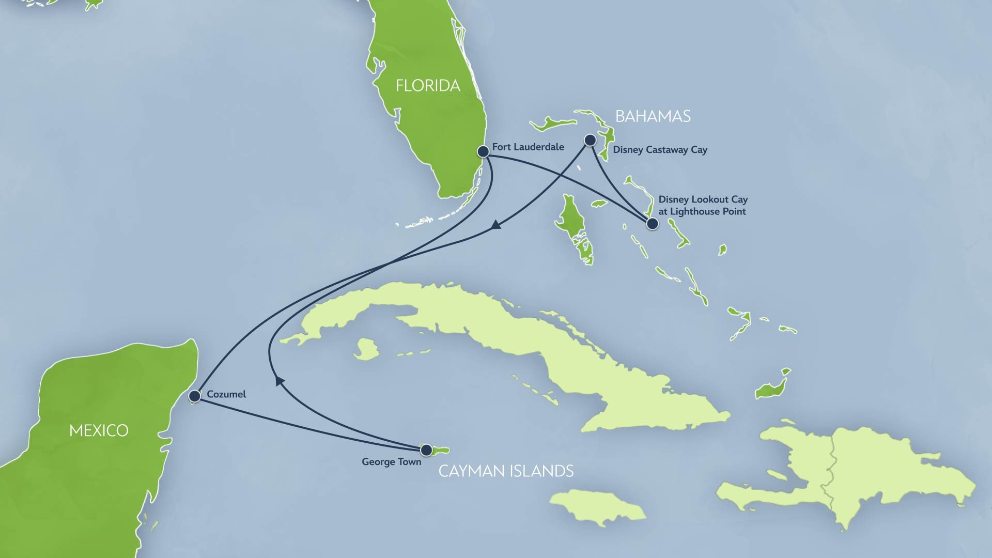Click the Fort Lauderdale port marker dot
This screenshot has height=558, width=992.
(483, 151)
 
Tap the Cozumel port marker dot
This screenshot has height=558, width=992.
(195, 396)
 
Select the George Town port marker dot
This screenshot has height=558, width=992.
(426, 450)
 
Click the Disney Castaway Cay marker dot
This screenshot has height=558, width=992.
(590, 140)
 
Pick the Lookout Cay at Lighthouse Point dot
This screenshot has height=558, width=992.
(653, 224)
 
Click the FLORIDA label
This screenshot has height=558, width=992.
(428, 86)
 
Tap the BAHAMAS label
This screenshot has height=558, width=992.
(653, 117)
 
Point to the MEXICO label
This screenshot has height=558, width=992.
(99, 430)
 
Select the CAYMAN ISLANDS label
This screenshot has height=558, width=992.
(506, 471)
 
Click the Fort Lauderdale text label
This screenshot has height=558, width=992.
(528, 147)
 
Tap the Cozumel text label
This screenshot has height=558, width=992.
(226, 394)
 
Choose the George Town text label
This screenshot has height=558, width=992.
(391, 462)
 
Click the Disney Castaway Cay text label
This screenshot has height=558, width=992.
(660, 150)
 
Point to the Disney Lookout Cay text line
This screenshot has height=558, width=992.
(703, 199)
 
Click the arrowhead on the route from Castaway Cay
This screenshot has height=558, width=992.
(496, 225)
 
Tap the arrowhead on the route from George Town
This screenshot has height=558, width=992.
(280, 381)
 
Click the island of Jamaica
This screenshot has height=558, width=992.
(597, 506)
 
